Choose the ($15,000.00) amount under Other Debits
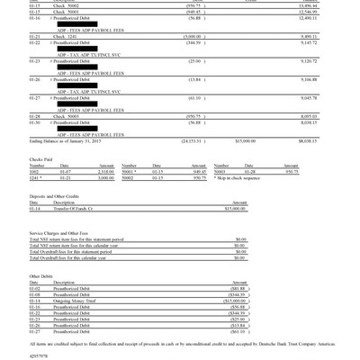tap(229, 298)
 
